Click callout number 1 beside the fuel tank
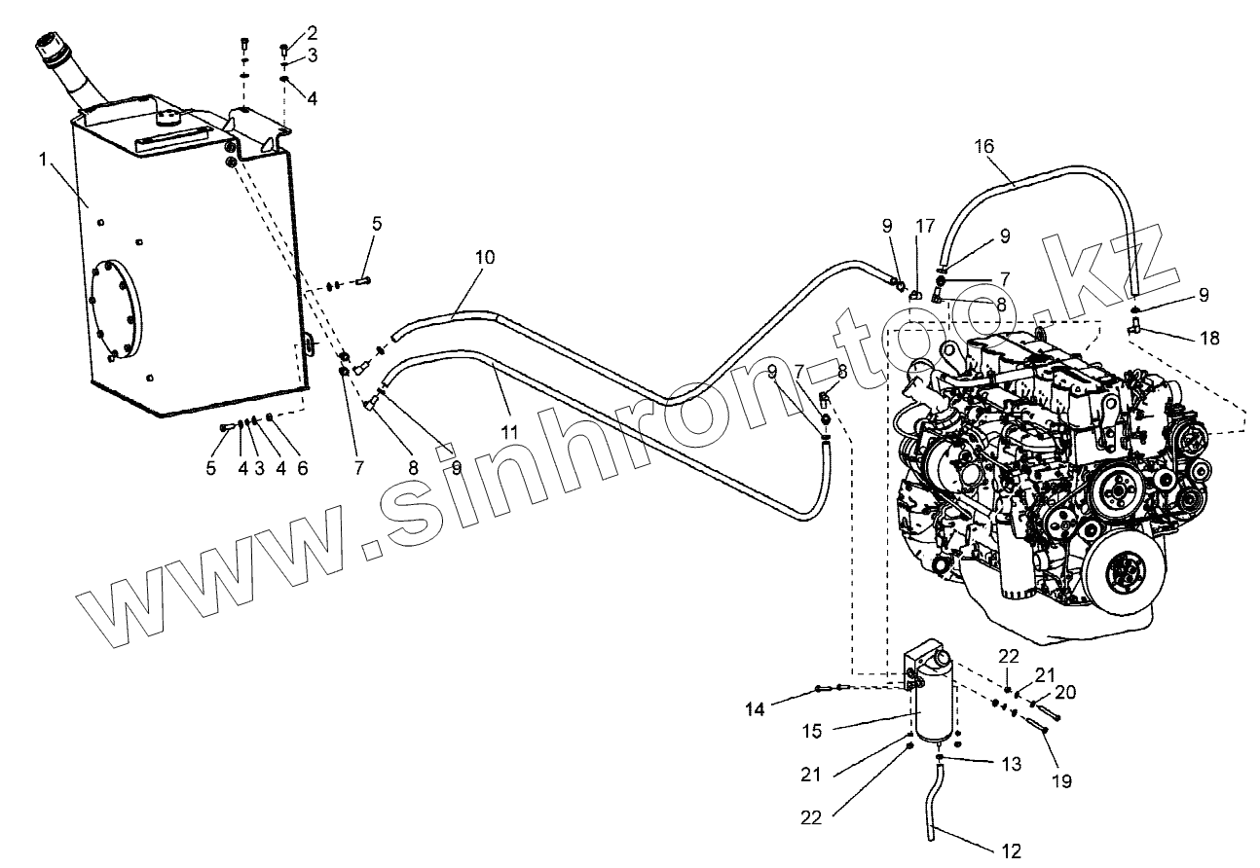43,158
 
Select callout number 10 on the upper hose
484,258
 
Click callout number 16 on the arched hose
983,146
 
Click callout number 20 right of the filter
1065,692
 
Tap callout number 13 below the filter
1011,765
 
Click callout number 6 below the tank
302,468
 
